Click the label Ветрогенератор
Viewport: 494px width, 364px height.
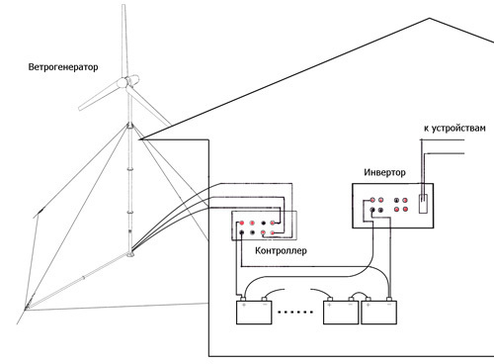pyautogui.click(x=63, y=67)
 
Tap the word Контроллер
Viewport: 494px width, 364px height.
pyautogui.click(x=281, y=251)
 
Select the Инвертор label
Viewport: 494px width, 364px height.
pyautogui.click(x=384, y=172)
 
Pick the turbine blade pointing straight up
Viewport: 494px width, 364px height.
pyautogui.click(x=124, y=42)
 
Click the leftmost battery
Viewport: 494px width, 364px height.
pyautogui.click(x=254, y=311)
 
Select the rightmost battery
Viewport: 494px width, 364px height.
pyautogui.click(x=378, y=311)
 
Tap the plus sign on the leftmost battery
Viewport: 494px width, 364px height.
pyautogui.click(x=244, y=305)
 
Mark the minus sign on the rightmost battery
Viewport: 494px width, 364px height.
pyautogui.click(x=389, y=305)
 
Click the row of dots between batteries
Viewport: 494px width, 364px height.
pyautogui.click(x=294, y=312)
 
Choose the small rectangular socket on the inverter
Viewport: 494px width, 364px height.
pyautogui.click(x=423, y=204)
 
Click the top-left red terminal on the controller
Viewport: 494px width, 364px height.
pyautogui.click(x=242, y=224)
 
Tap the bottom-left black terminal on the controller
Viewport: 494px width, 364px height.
pyautogui.click(x=242, y=232)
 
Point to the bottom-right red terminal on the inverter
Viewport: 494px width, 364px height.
pyautogui.click(x=405, y=210)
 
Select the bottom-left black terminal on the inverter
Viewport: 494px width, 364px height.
pyautogui.click(x=372, y=210)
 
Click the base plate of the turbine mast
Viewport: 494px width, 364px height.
pyautogui.click(x=130, y=254)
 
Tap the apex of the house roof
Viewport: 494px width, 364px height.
pyautogui.click(x=430, y=19)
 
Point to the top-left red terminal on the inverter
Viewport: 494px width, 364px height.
pyautogui.click(x=372, y=200)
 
